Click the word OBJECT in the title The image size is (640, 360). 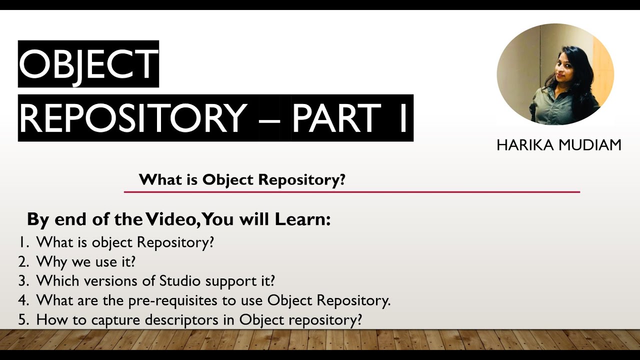coord(88,64)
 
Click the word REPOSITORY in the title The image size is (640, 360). coord(133,118)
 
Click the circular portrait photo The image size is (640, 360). coord(555,74)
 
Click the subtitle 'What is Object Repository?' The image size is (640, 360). coord(242,179)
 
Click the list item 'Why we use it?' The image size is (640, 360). coord(86,261)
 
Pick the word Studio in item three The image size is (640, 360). coord(179,281)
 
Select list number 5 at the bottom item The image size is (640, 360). coord(23,320)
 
